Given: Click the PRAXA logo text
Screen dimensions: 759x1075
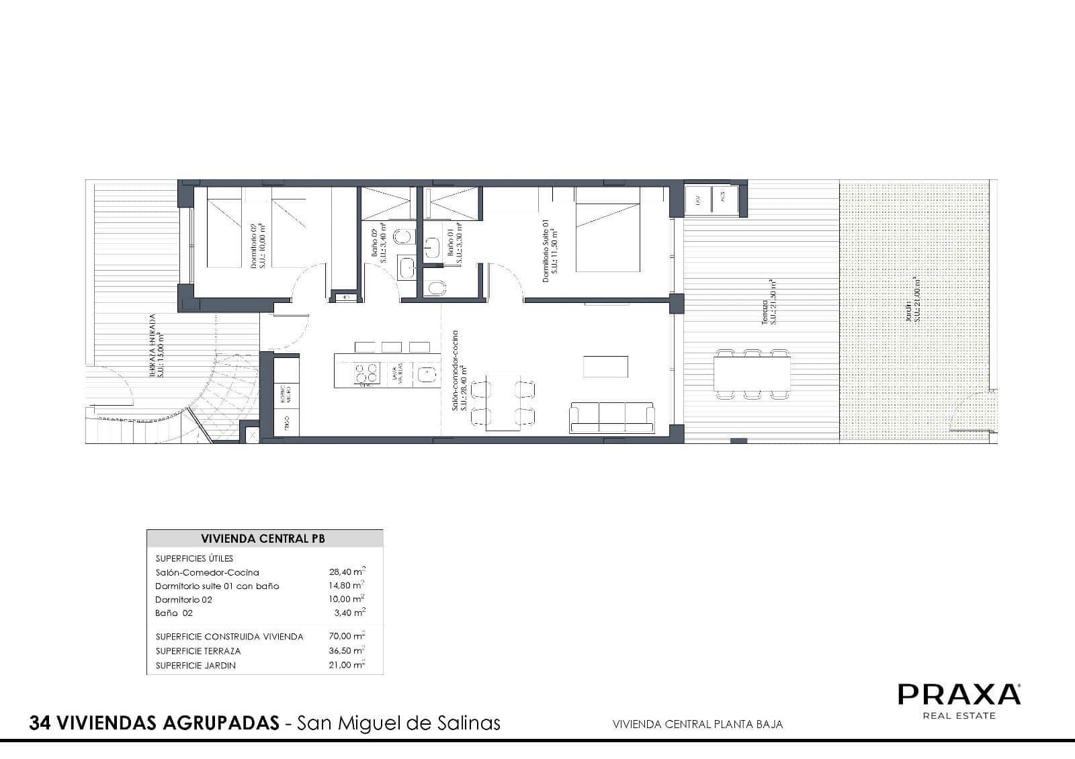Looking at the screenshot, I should (959, 694).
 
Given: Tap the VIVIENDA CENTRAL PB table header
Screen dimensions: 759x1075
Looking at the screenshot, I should (263, 539).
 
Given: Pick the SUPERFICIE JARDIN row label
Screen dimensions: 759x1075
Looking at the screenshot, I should (196, 666).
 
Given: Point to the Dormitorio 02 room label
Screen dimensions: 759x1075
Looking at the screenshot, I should (257, 247).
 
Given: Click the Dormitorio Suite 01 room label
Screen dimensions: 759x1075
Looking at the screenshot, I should (550, 252).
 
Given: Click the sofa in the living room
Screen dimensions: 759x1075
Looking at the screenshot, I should (611, 418).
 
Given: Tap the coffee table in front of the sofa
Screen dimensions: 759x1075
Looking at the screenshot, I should (605, 367).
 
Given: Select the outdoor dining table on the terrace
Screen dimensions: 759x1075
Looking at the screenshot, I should (752, 374).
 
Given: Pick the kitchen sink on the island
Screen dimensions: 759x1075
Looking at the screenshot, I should (425, 373).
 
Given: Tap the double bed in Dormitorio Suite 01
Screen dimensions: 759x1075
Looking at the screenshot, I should (607, 230).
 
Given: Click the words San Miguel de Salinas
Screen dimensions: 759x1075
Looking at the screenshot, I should (399, 723).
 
